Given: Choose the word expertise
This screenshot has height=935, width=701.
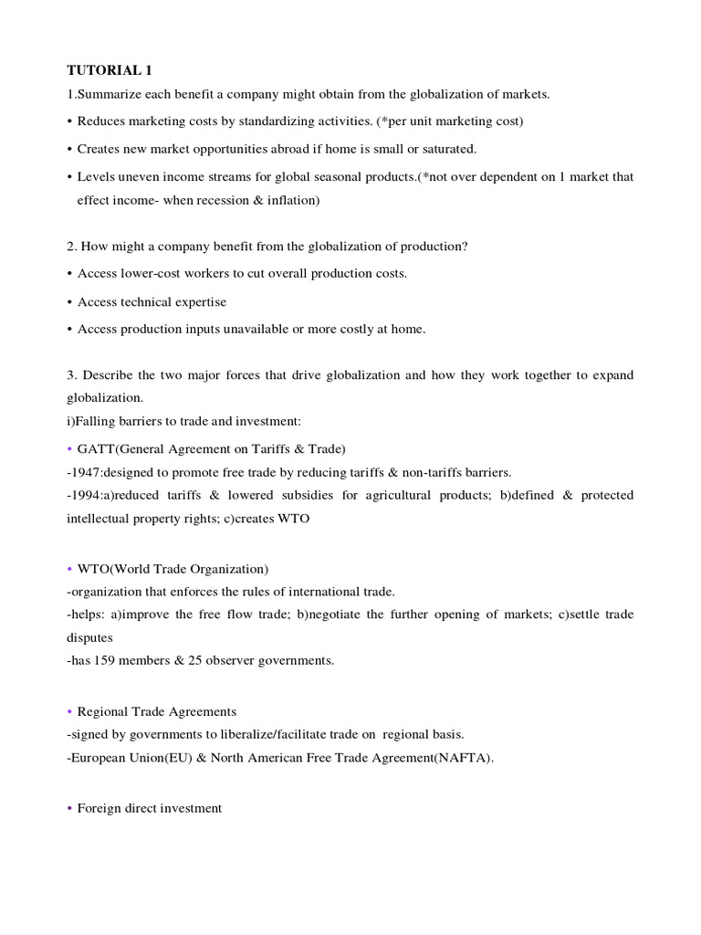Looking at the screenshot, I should pyautogui.click(x=194, y=302).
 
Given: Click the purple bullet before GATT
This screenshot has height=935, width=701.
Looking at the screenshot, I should pyautogui.click(x=69, y=448).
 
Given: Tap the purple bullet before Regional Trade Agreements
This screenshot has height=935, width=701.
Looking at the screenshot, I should pyautogui.click(x=69, y=711).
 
